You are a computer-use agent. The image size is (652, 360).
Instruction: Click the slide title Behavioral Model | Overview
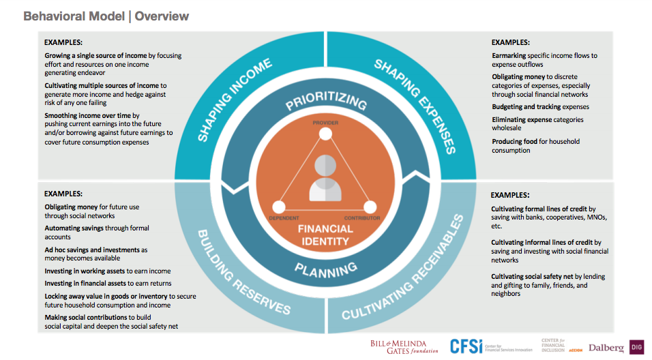coord(106,16)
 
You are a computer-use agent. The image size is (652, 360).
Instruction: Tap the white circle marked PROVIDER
coord(325,134)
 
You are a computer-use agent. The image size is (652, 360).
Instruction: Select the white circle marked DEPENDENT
coord(278,207)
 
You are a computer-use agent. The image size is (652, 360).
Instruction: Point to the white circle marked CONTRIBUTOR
coord(370,207)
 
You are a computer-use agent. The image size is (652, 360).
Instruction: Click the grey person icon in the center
coord(325,178)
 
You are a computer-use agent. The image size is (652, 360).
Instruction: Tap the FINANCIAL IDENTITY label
coord(325,235)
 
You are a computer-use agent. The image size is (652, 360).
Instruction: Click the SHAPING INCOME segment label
coord(235,100)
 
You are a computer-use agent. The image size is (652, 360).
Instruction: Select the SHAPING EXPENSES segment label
coord(415,106)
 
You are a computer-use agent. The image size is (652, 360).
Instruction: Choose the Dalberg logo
coord(606,348)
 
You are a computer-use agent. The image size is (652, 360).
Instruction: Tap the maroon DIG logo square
coord(636,347)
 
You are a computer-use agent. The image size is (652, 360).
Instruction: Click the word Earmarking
coord(509,56)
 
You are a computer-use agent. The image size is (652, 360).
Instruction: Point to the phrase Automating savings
coord(74,228)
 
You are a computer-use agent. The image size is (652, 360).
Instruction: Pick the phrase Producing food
coord(514,141)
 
